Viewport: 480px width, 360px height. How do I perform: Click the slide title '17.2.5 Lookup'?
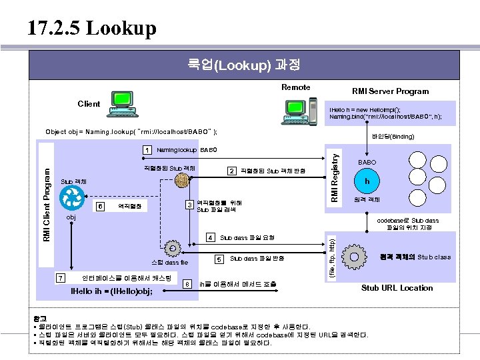(92, 28)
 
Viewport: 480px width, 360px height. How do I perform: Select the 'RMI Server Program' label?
(390, 91)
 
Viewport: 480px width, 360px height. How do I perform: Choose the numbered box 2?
(231, 171)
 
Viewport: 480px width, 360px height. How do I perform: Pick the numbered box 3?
(189, 205)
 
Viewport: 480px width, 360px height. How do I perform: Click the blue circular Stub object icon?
(71, 199)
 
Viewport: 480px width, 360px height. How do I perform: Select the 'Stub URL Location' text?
(397, 288)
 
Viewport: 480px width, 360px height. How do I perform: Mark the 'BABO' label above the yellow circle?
(367, 162)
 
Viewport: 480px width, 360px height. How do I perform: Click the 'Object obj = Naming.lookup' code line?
(131, 132)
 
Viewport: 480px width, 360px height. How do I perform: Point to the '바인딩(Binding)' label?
(393, 137)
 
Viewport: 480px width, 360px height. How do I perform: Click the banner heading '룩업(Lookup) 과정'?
(243, 65)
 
